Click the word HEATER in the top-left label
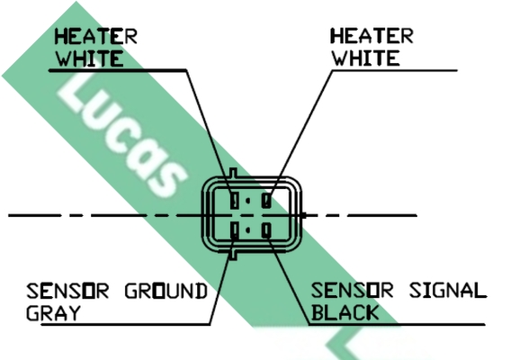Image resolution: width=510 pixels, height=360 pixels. (95, 36)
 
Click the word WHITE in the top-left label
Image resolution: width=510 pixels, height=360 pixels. (89, 58)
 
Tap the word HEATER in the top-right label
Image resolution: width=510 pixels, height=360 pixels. (371, 36)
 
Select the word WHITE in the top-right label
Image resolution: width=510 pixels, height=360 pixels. (365, 58)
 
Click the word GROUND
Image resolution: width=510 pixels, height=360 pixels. (166, 291)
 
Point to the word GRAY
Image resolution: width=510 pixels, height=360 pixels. (53, 313)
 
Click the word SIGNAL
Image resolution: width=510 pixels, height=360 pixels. (448, 291)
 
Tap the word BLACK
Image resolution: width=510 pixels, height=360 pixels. (344, 312)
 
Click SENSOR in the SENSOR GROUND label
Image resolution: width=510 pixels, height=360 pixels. (67, 291)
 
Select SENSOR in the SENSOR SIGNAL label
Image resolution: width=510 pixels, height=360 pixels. (353, 291)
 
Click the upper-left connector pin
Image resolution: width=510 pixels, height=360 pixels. (235, 200)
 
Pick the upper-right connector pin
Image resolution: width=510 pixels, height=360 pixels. (266, 200)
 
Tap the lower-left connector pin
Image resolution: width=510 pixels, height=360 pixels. (234, 230)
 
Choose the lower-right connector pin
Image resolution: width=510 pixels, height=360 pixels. (266, 230)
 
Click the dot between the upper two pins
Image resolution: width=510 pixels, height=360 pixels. (248, 201)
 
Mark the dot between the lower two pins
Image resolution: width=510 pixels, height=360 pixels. (248, 230)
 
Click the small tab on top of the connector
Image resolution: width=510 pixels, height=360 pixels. (233, 173)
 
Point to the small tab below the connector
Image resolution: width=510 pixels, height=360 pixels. (233, 256)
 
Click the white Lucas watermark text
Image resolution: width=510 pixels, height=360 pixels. (122, 137)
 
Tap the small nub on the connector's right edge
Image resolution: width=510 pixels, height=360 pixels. (303, 215)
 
